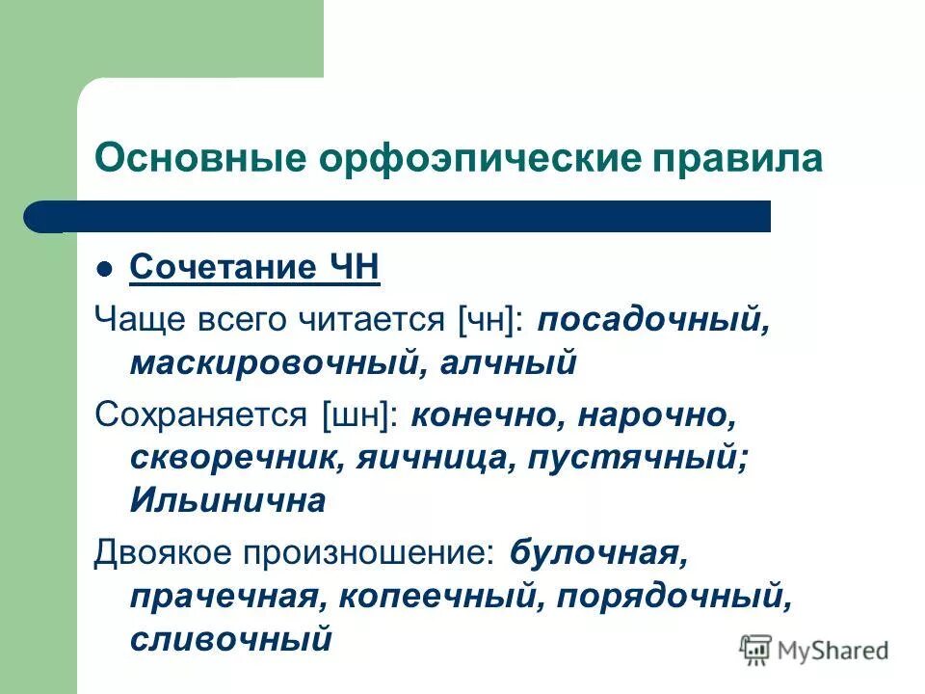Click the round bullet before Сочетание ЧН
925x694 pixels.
[107, 269]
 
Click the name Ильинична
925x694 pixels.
[227, 501]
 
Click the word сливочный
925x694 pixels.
[230, 639]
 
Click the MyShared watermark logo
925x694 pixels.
[814, 650]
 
